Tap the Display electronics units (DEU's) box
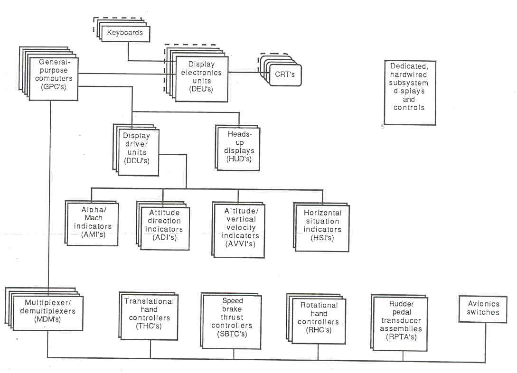pos(201,77)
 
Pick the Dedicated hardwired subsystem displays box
pos(409,93)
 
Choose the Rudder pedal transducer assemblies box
pos(402,319)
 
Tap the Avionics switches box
pos(482,309)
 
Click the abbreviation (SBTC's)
pos(232,334)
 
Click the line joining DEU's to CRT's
pos(245,73)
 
